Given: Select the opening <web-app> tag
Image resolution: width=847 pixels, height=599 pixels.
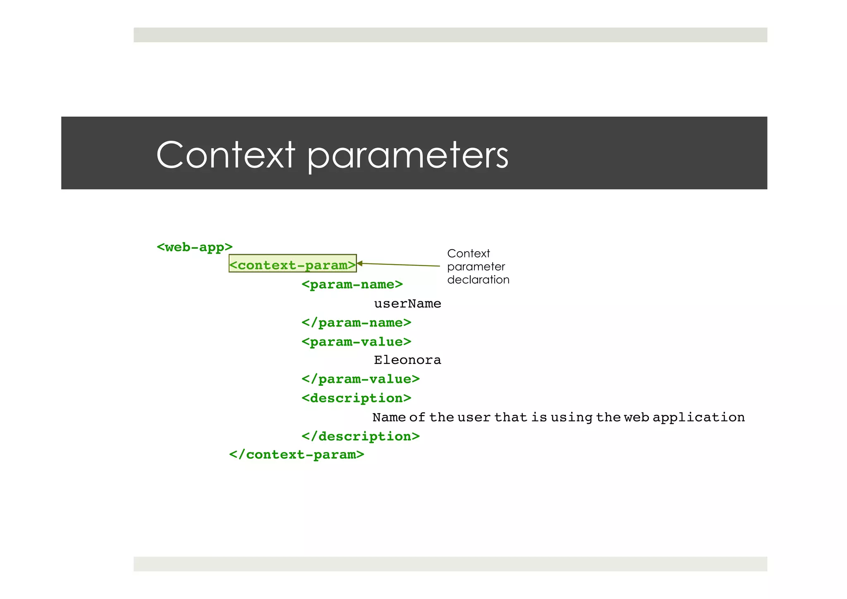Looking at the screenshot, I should (x=194, y=247).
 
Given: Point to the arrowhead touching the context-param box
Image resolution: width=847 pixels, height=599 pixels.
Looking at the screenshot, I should (x=359, y=263).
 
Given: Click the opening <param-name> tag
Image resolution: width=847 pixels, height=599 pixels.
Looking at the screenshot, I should (x=352, y=284).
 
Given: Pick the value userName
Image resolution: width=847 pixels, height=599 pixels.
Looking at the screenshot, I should (x=407, y=303).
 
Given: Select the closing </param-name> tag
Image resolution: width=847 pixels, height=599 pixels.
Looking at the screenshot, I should (x=356, y=322).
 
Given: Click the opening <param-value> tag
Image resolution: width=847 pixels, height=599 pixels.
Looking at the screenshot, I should (x=356, y=342).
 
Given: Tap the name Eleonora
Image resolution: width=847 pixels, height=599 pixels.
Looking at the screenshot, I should (x=407, y=360).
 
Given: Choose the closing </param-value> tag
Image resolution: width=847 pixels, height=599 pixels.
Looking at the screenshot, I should (x=360, y=379).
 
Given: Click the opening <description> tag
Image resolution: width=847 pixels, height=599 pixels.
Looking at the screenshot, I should (x=356, y=398).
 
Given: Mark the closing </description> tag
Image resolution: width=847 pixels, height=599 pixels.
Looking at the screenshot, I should (x=360, y=436).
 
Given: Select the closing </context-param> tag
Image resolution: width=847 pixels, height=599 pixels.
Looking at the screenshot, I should (x=297, y=455).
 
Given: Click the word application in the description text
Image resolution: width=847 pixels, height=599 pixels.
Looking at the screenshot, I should (x=699, y=417).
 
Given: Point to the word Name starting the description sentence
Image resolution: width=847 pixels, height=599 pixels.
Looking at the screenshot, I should (x=389, y=417).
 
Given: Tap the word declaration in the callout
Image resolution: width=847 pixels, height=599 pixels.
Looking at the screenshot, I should (x=478, y=280).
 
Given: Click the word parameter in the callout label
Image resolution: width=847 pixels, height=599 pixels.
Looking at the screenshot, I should (x=476, y=267).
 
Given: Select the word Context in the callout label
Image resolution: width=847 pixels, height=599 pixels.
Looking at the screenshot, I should (x=468, y=253).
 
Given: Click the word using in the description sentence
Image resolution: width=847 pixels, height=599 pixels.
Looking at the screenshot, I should (x=571, y=417).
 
